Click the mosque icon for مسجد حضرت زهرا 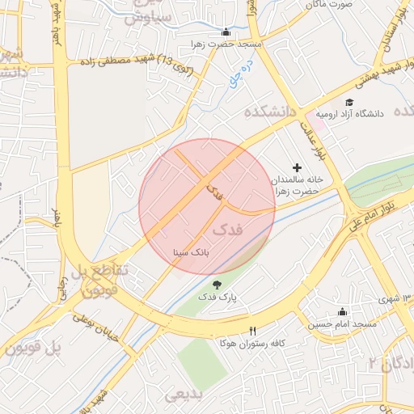225,33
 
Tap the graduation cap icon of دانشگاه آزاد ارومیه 349,102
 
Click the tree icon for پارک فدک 217,284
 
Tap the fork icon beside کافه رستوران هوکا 252,331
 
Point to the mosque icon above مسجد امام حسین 342,312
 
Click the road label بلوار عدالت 313,137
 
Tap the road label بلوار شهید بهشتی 376,74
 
